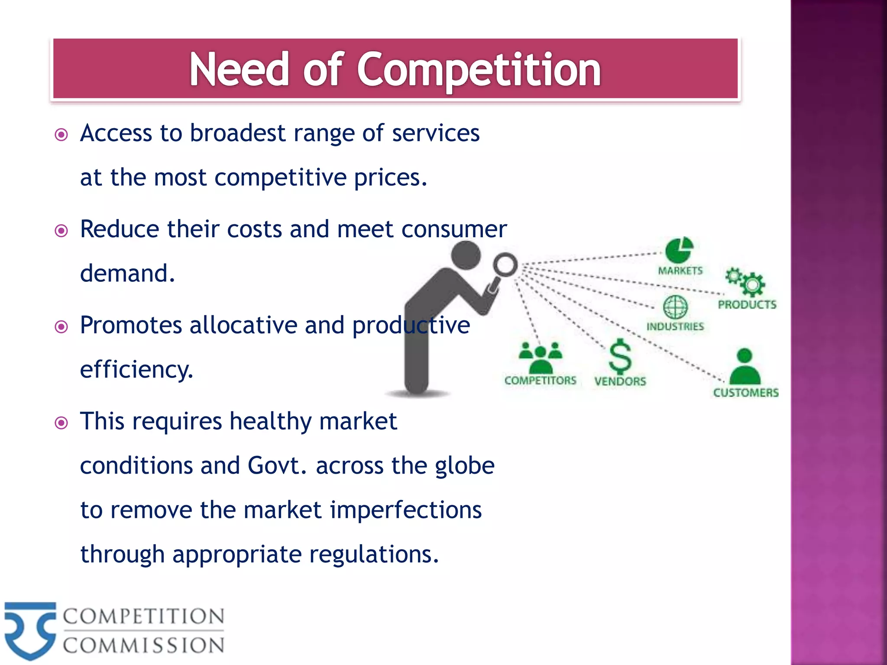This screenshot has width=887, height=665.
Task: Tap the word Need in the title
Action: tap(239, 69)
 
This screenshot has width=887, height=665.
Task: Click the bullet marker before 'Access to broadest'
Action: tap(62, 135)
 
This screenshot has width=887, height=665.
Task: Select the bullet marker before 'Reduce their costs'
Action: tap(62, 231)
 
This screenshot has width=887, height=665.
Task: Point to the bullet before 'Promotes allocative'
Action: tap(62, 326)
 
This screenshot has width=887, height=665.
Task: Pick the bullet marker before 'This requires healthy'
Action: tap(62, 423)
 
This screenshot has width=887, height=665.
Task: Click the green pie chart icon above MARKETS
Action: tap(679, 250)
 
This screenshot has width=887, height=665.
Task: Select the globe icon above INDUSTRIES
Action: tap(675, 307)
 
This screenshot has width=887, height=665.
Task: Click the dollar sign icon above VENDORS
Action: tap(620, 356)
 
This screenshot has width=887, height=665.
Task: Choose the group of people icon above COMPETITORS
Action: tap(541, 358)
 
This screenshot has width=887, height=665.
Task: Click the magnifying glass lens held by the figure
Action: tap(505, 264)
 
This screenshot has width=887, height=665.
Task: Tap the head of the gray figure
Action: tap(466, 255)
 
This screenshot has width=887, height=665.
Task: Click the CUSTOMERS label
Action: tap(746, 393)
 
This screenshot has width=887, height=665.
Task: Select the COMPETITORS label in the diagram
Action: tap(540, 381)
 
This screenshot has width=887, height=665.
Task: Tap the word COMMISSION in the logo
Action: tap(143, 646)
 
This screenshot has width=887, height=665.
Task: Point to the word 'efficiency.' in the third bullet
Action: tap(136, 370)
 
